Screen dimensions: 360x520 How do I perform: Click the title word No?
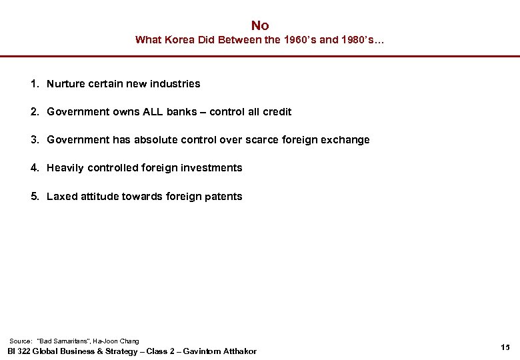pyautogui.click(x=260, y=25)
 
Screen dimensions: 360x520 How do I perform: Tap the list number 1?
pyautogui.click(x=33, y=84)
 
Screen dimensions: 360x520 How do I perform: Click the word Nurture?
pyautogui.click(x=66, y=84)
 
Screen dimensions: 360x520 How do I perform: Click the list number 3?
pyautogui.click(x=33, y=140)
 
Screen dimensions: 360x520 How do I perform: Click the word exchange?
pyautogui.click(x=345, y=140)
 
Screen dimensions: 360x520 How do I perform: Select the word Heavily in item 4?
pyautogui.click(x=65, y=168)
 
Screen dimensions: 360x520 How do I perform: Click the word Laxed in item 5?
pyautogui.click(x=61, y=197)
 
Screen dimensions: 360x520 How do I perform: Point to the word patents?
pyautogui.click(x=224, y=197)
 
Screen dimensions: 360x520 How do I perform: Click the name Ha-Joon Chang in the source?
pyautogui.click(x=117, y=341)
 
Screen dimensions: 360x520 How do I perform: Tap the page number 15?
pyautogui.click(x=505, y=347)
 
